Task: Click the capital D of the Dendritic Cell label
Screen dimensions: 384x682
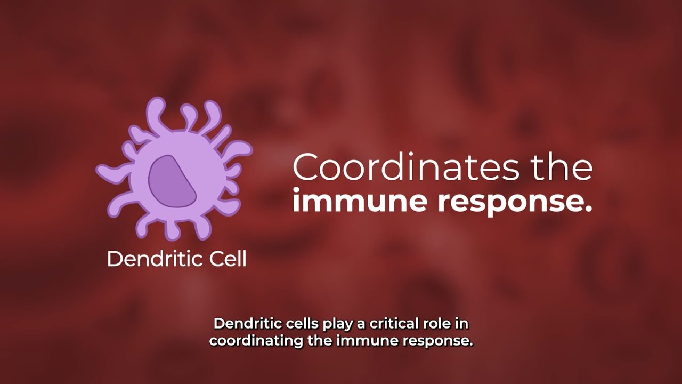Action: pyautogui.click(x=113, y=259)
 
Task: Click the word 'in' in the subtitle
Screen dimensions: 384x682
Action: pyautogui.click(x=462, y=324)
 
